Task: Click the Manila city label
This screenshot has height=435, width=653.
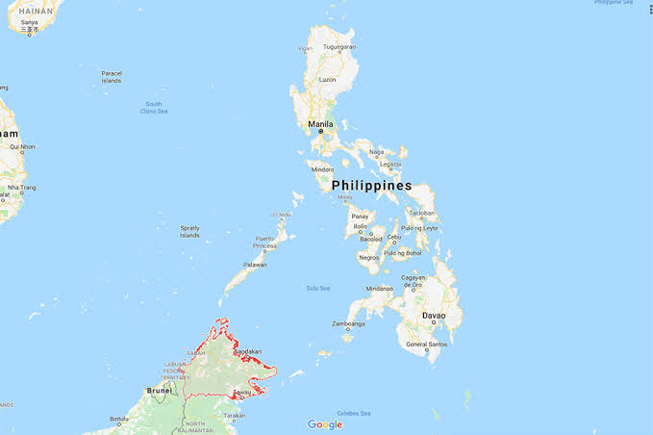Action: [321, 124]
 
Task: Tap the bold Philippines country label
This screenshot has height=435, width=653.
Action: [372, 185]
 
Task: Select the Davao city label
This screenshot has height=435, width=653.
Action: [434, 315]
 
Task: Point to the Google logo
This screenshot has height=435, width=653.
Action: [325, 423]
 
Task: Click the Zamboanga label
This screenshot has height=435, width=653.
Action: [349, 324]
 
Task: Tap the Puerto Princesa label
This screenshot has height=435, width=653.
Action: [264, 243]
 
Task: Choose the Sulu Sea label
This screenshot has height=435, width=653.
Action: [317, 288]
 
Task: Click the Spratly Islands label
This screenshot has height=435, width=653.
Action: [189, 231]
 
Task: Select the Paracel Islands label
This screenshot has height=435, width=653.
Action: [113, 77]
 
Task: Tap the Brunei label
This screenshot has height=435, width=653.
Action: [159, 390]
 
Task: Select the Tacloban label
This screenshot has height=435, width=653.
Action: [421, 214]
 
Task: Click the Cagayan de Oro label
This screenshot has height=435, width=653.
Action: [413, 282]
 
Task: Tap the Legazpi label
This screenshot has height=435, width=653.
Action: [390, 164]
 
